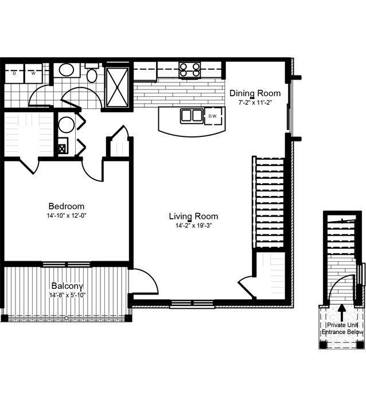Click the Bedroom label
pos(67,206)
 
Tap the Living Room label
pos(193,216)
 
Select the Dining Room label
pos(255,93)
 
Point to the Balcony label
pos(68,286)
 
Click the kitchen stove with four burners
pos(190,70)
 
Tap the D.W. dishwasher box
pos(213,116)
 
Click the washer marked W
pos(33,73)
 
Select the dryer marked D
pos(14,73)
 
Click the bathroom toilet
pos(92,74)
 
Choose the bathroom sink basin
pos(67,72)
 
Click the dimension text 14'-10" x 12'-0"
pos(67,216)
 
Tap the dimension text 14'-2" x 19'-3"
pos(193,226)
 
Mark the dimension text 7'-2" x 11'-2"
pos(255,103)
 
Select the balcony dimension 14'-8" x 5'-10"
pos(68,296)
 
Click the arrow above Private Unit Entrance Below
pos(342,312)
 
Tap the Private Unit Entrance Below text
pos(342,328)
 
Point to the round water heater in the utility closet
pos(66,125)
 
